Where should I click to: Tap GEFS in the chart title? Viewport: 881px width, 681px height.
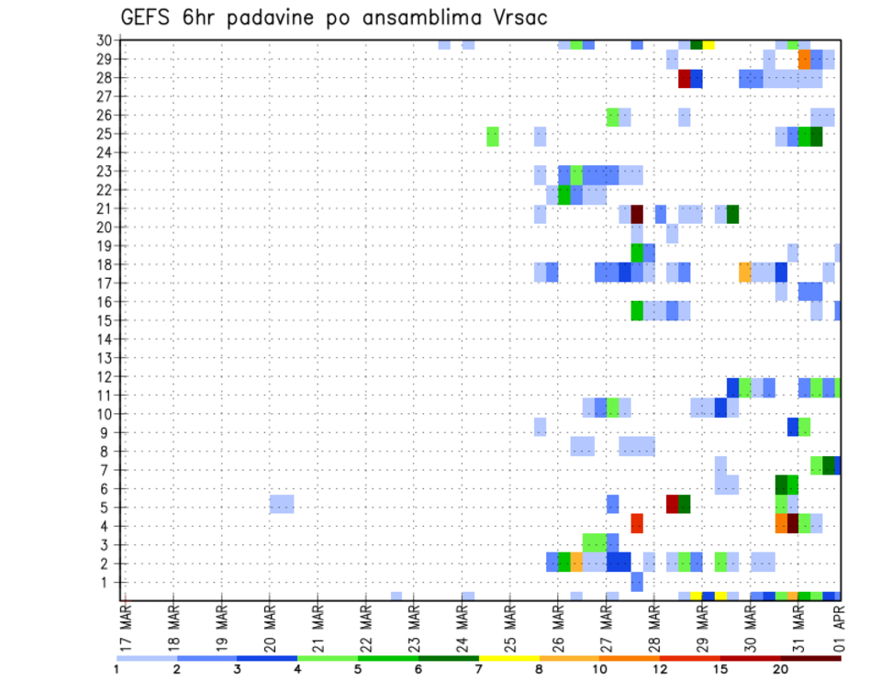point(153,17)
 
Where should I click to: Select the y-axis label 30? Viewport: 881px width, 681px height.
point(105,40)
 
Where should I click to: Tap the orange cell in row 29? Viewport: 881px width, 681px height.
point(804,60)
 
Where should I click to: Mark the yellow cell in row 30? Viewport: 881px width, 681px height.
point(708,44)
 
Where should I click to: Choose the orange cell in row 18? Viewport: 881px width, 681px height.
point(744,272)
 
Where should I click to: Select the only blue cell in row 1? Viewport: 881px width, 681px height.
point(637,582)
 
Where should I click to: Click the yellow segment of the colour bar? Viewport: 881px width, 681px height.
point(508,658)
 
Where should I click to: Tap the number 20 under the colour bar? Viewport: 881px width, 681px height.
point(780,670)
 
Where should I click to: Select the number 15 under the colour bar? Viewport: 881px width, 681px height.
point(719,670)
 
